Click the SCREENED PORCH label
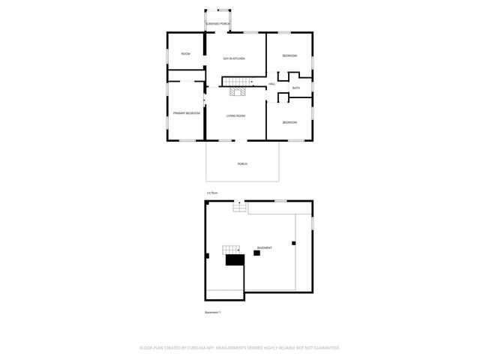[x=218, y=24]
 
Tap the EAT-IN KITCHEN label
[x=235, y=58]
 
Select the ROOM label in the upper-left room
[x=185, y=54]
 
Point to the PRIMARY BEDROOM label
[x=186, y=112]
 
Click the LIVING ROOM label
[x=236, y=115]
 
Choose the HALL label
[x=271, y=83]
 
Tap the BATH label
[x=296, y=88]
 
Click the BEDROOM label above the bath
[x=289, y=56]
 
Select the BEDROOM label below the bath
[x=289, y=122]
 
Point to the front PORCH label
[x=242, y=163]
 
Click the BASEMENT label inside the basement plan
[x=264, y=247]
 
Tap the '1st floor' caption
[x=212, y=193]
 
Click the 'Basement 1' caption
[x=213, y=312]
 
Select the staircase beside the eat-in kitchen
[x=235, y=81]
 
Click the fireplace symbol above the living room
[x=238, y=93]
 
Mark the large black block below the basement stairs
[x=235, y=260]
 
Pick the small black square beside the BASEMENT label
[x=256, y=253]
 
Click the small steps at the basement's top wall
[x=238, y=207]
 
